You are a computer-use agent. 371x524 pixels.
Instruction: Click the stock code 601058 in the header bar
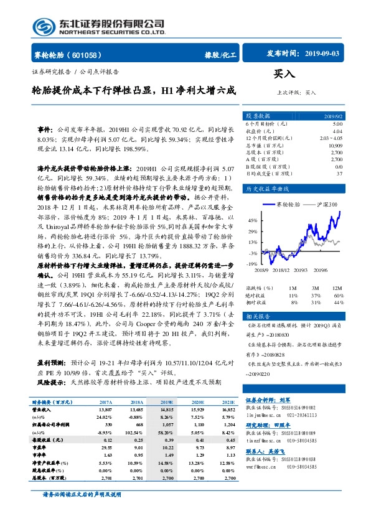pos(87,55)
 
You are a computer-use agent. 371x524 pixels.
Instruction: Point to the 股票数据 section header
pos(258,116)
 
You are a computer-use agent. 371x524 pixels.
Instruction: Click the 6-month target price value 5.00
pos(337,124)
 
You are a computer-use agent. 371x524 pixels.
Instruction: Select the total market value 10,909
pos(335,144)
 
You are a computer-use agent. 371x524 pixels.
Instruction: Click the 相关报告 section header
pos(258,316)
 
